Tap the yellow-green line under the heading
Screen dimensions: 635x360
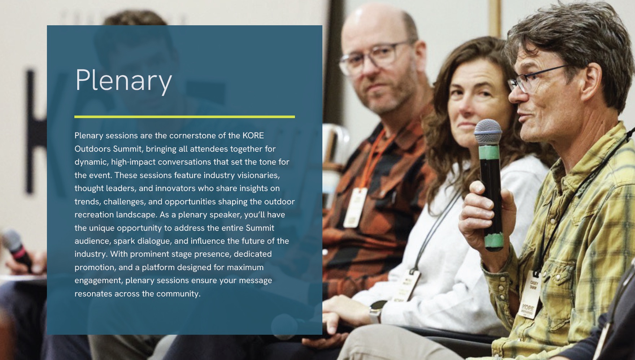click(x=184, y=117)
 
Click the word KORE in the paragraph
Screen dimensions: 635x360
click(x=253, y=135)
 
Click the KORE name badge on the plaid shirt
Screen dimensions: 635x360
click(x=529, y=298)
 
